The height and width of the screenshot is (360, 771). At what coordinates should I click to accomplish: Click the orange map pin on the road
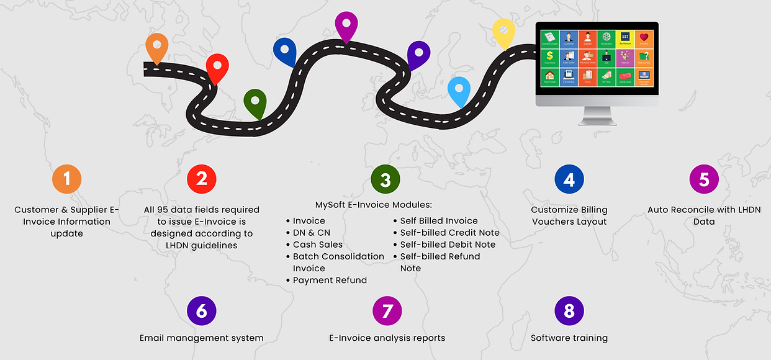pos(157,48)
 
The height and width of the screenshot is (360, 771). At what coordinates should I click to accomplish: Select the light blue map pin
pos(459,90)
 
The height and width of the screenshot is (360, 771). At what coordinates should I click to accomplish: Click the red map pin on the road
pos(217,66)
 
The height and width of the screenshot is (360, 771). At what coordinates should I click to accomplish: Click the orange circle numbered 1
pos(66,180)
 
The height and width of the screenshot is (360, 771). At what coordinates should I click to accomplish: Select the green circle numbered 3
pos(385,180)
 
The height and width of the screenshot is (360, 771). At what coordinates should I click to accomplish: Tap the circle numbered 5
pos(704,180)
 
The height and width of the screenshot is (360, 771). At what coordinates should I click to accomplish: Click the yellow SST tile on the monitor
pos(624,39)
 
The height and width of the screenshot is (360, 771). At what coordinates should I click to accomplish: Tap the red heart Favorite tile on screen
pos(644,39)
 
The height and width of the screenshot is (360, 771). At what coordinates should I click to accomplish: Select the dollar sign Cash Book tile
pos(549,58)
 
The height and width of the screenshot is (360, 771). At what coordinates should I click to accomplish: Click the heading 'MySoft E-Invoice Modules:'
pos(374,205)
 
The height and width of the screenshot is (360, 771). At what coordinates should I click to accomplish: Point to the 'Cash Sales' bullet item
pos(317,245)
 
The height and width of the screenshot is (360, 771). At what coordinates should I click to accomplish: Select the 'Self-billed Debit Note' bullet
pos(448,245)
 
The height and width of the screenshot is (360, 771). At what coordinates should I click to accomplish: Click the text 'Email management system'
pos(202,338)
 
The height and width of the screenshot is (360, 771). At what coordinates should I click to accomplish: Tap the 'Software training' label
pos(569,338)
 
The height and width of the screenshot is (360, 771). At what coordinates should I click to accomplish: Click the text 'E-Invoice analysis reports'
pos(387,338)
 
